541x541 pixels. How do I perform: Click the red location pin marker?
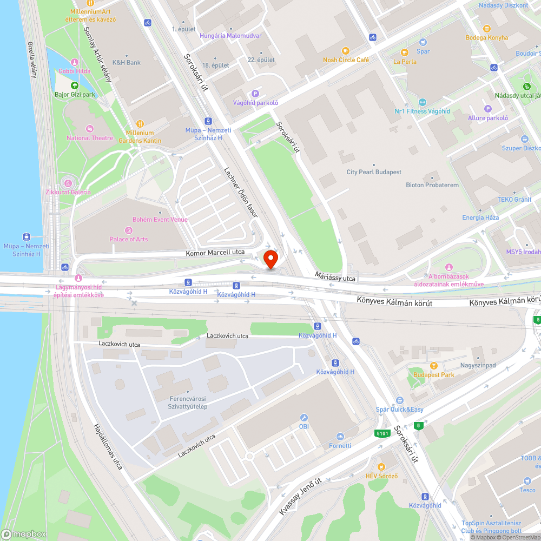coord(270,259)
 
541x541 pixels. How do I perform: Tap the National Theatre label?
coord(90,138)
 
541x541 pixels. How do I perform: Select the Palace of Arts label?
coord(129,239)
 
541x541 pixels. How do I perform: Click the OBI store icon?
coord(304,418)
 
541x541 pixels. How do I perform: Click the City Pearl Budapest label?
coord(374,172)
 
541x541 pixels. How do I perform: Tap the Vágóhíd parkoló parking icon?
coord(255,94)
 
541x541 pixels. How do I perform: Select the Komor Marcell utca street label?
coord(215,252)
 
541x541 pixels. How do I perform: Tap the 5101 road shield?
coord(382,433)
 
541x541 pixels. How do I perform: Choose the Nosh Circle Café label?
coord(346,60)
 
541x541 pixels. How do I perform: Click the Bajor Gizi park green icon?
coord(75,85)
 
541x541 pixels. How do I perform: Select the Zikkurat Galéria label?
coord(68,192)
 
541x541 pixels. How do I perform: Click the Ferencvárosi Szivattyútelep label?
coord(188,403)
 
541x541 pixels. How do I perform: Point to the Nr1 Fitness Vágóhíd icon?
coord(423,102)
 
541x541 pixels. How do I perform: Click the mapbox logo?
coord(24,533)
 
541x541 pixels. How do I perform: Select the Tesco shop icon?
coord(527,481)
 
